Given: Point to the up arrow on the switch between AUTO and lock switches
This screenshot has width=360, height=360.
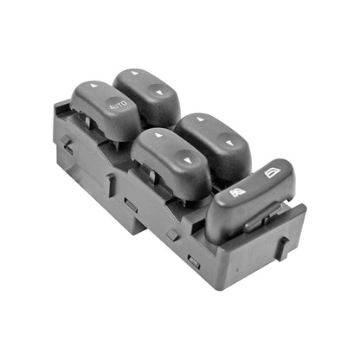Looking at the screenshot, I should tap(157, 136).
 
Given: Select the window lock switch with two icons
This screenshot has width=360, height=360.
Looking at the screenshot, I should tap(249, 198).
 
